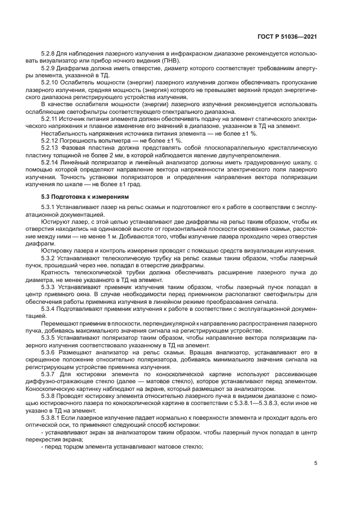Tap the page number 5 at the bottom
tap(316, 463)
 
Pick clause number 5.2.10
tap(51, 82)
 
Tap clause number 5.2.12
tap(51, 140)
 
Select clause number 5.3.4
tap(50, 309)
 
